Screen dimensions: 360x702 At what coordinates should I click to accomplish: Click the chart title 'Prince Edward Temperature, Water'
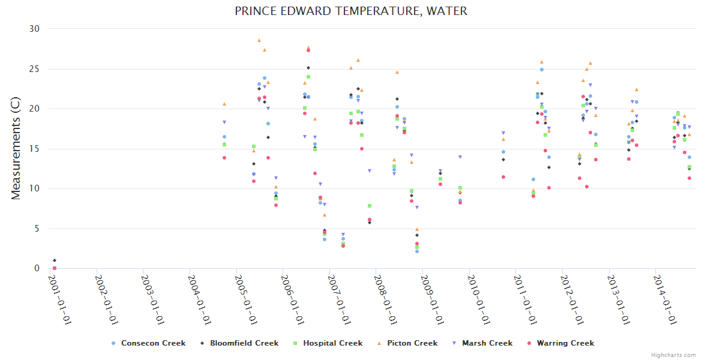point(351,11)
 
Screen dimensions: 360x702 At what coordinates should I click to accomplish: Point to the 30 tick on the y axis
point(34,29)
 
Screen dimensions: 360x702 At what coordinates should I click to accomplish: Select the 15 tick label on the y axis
point(34,149)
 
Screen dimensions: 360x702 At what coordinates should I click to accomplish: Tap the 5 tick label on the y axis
point(37,229)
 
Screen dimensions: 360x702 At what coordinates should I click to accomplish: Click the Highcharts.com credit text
point(673,355)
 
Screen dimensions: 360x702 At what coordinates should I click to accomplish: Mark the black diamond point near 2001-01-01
point(55,260)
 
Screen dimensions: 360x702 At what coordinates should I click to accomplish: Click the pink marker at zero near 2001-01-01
point(55,268)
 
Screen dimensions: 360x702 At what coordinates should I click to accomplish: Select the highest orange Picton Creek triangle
point(259,41)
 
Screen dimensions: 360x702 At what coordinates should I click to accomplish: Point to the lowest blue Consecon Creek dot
point(416,251)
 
